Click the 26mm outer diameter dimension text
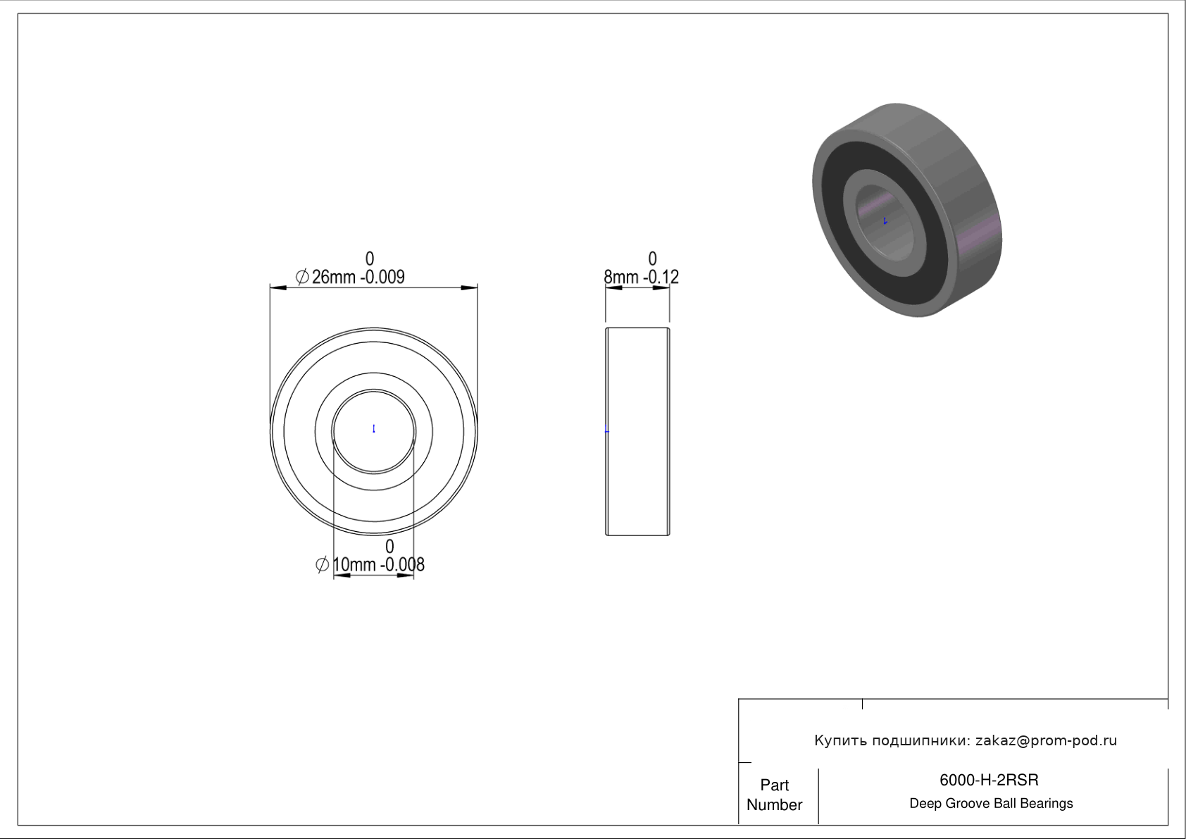point(334,277)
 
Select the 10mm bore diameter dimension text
point(354,565)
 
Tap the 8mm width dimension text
point(621,277)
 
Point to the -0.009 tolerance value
point(382,277)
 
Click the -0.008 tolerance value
point(402,565)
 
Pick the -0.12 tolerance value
point(661,277)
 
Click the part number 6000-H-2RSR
point(989,780)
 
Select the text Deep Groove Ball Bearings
point(991,804)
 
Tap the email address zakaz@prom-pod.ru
point(1047,740)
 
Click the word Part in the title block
point(774,785)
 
